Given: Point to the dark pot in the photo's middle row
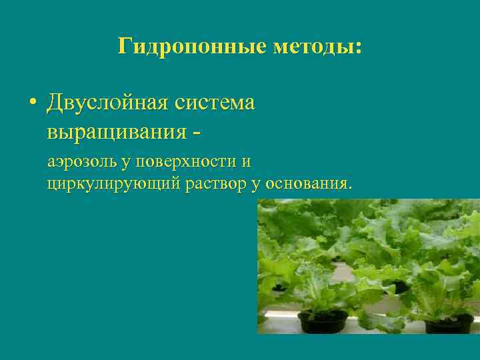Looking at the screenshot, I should click(397, 287).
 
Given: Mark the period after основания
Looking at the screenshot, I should click(349, 187).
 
